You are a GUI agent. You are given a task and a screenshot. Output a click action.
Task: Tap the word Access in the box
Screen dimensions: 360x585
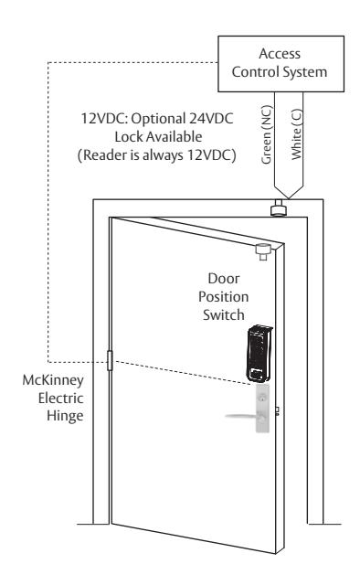point(280,54)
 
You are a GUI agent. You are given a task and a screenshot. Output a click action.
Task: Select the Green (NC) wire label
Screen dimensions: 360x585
point(268,135)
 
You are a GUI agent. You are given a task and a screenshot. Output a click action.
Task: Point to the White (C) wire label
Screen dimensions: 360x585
point(297,134)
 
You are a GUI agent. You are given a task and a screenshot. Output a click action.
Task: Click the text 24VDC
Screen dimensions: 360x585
point(211,119)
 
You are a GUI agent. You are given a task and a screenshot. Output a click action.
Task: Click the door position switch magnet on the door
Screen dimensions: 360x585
point(262,251)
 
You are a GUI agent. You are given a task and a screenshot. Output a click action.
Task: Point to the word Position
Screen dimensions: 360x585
point(223,297)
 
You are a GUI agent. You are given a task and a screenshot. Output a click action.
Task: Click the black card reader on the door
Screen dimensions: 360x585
point(259,354)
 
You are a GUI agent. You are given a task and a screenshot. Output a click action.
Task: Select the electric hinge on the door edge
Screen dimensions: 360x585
point(110,360)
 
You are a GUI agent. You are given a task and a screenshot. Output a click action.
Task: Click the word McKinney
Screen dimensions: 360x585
point(53,380)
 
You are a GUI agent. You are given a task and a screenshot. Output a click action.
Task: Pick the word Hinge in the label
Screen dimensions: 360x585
point(65,416)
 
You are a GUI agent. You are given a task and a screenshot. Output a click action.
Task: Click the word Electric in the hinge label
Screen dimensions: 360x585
point(60,399)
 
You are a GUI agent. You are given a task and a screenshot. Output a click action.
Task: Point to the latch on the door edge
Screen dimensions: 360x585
point(277,411)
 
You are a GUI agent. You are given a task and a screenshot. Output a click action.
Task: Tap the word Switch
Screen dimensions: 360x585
point(224,314)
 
